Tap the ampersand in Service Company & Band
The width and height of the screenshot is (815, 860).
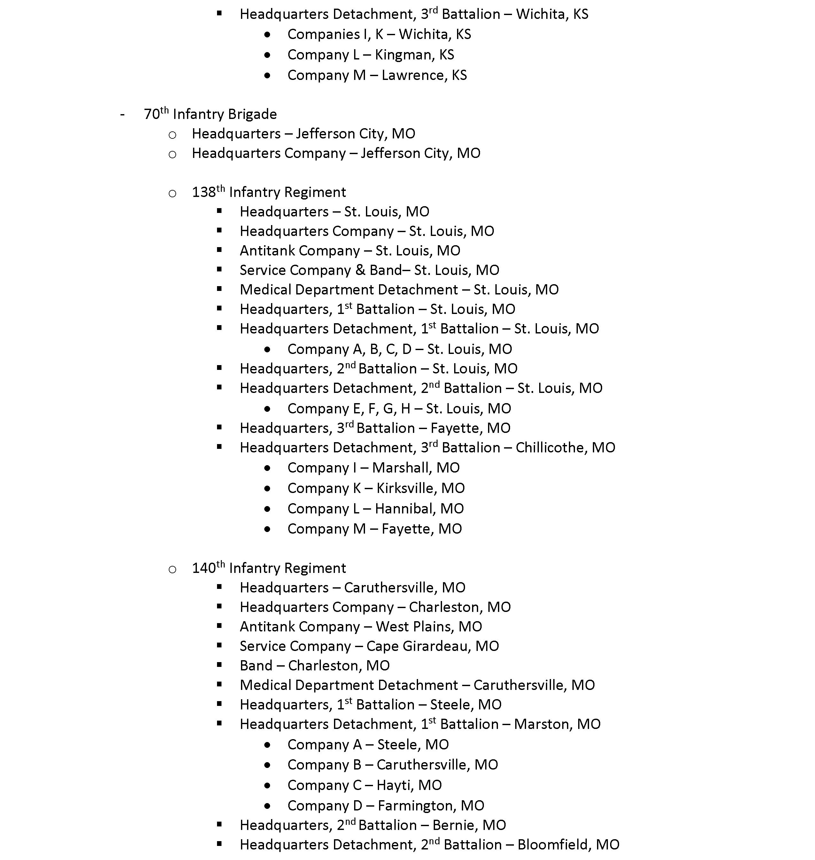tap(360, 270)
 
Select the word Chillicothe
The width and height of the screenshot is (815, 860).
tap(551, 448)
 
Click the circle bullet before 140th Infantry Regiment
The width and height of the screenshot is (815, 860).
tap(173, 570)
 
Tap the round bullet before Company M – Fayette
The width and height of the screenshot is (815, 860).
tap(267, 529)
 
